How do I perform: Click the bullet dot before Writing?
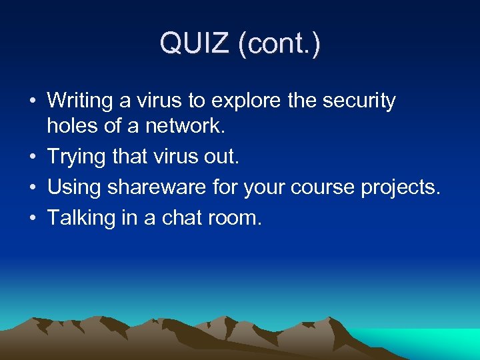pos(31,102)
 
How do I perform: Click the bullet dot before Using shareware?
pos(31,188)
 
